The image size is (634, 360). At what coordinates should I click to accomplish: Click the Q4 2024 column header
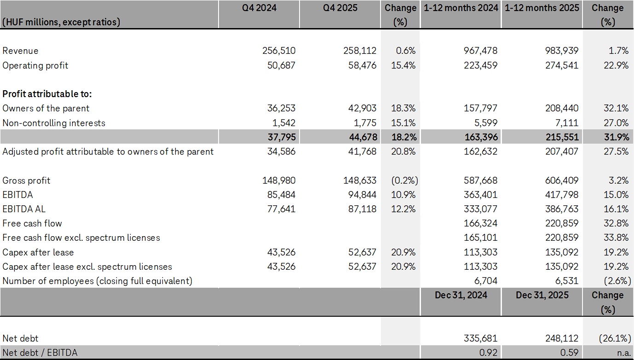coord(259,8)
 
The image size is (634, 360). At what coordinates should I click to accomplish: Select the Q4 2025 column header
coord(340,8)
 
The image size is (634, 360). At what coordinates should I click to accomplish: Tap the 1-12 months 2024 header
coord(461,8)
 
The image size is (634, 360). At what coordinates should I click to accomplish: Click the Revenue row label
coord(21,51)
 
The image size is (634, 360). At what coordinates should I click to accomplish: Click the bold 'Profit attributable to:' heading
coord(47,94)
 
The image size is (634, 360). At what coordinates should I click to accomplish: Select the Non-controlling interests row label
coord(54,123)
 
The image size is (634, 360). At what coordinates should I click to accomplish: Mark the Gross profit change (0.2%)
coord(403,180)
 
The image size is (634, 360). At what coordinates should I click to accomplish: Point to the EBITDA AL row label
coord(24,209)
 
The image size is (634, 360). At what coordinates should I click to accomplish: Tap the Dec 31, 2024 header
coord(461,295)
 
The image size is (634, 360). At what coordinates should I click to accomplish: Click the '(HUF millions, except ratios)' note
coord(61,22)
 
